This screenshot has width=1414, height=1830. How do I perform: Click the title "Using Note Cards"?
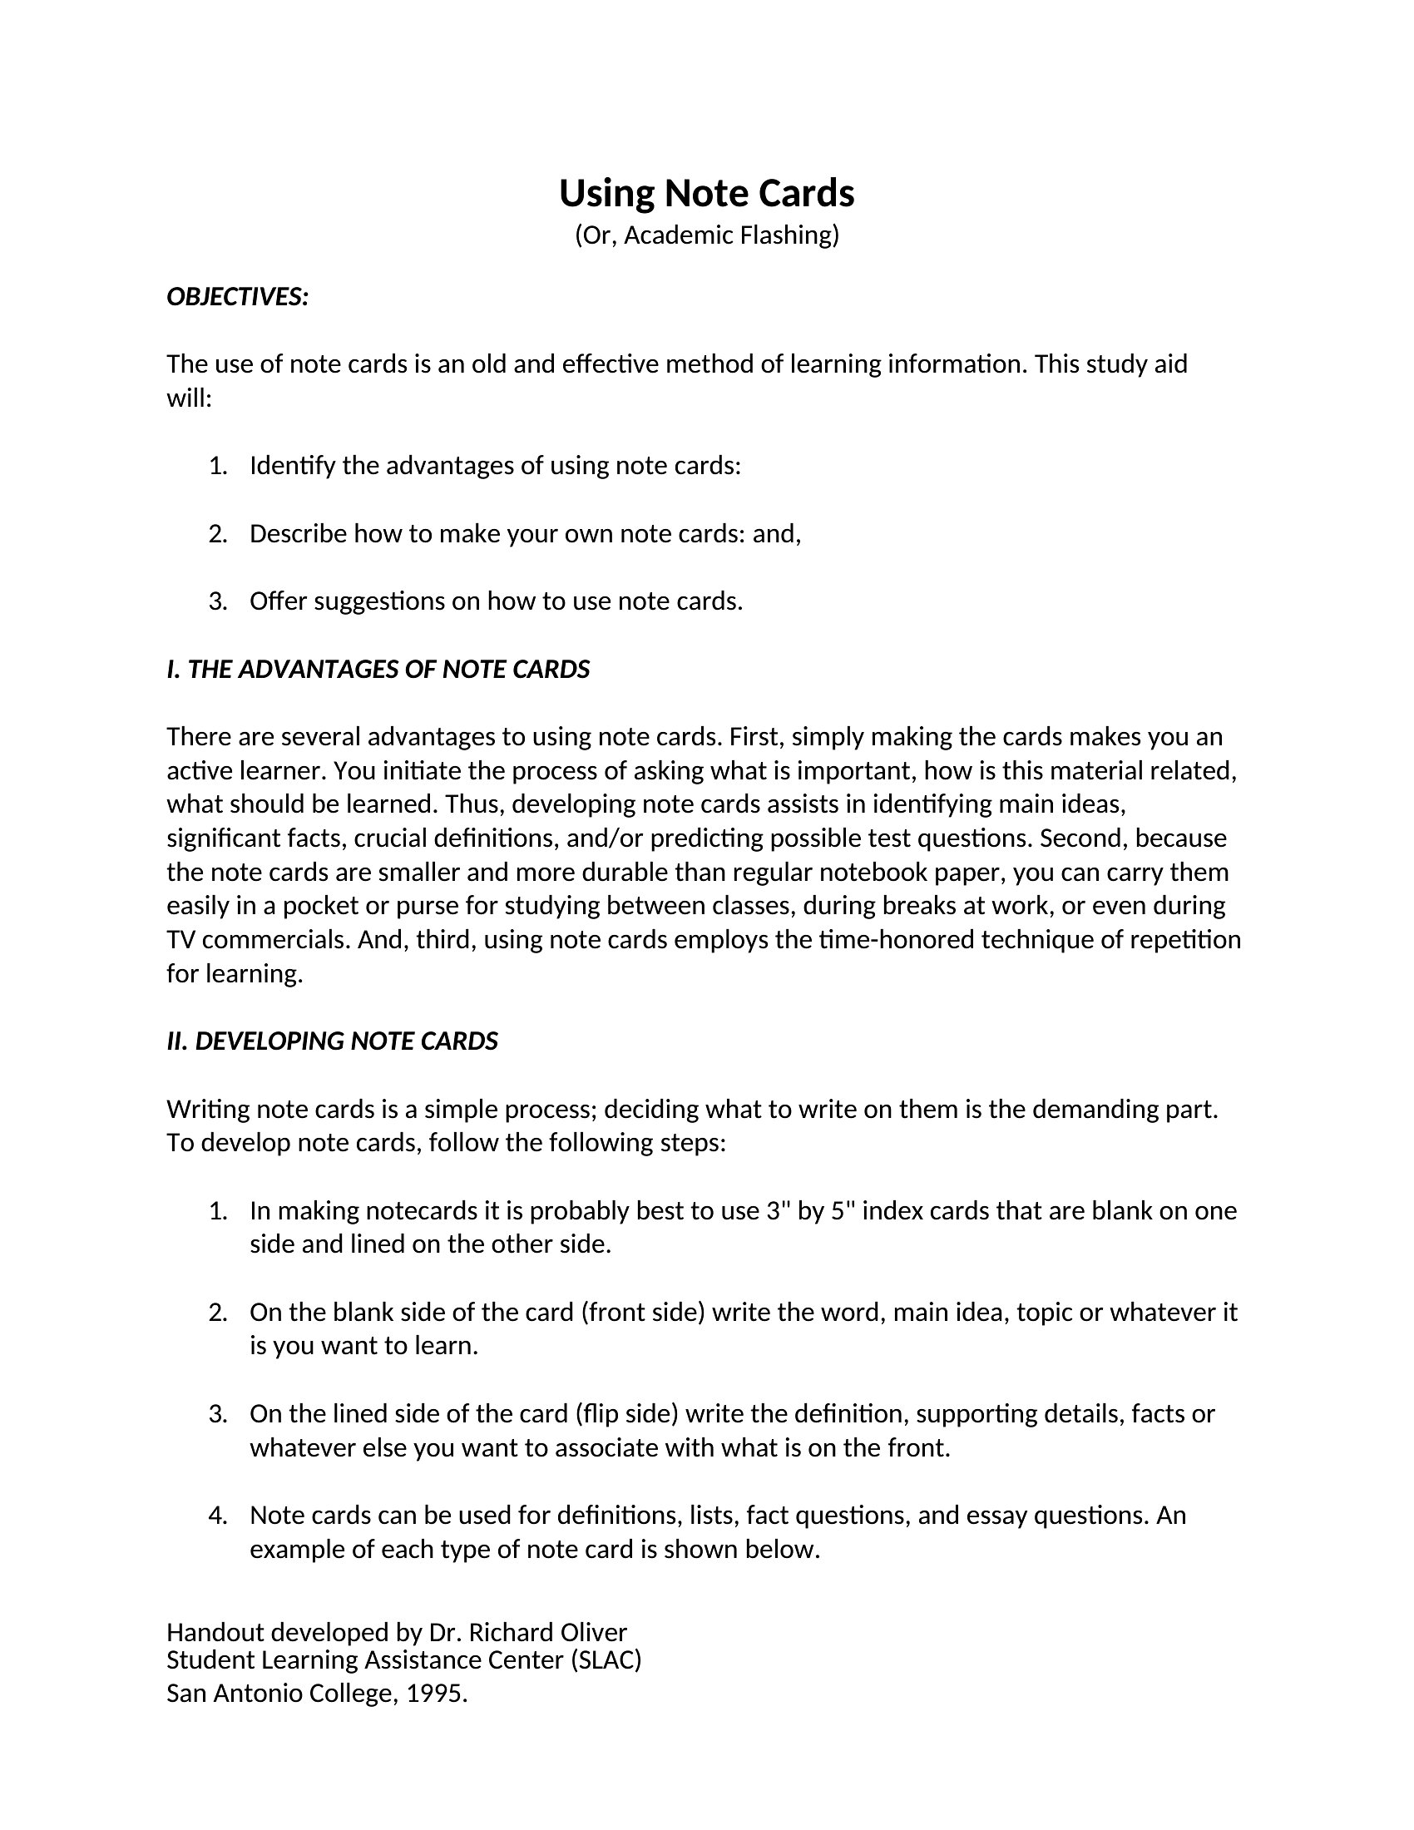click(706, 193)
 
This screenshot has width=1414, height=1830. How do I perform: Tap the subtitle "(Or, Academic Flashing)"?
click(706, 235)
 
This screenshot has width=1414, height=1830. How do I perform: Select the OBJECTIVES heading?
click(238, 297)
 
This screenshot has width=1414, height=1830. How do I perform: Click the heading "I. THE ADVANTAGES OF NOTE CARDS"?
click(378, 669)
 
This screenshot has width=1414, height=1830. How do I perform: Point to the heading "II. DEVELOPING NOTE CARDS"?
click(332, 1041)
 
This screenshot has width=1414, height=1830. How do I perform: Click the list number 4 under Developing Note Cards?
click(217, 1515)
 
